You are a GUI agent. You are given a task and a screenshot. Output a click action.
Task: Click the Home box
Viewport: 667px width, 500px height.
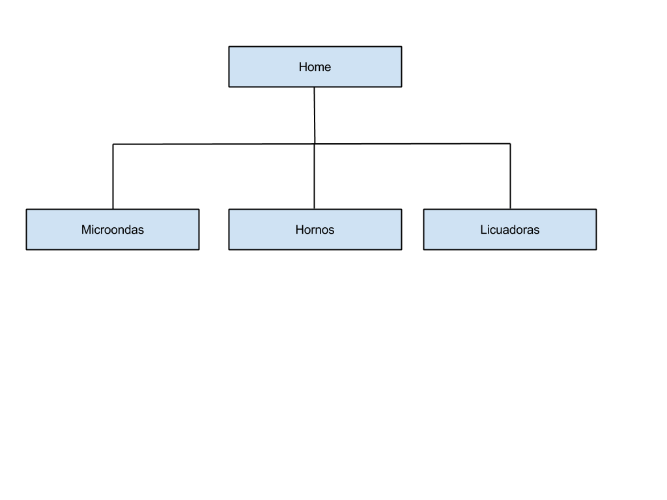pyautogui.click(x=315, y=67)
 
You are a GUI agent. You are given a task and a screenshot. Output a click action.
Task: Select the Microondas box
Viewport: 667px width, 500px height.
pyautogui.click(x=113, y=230)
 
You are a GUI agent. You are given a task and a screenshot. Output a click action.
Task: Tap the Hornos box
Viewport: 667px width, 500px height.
pyautogui.click(x=315, y=230)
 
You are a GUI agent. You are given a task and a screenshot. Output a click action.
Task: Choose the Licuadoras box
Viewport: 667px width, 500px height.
pyautogui.click(x=509, y=230)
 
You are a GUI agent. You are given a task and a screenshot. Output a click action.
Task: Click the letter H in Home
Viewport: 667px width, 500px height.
pyautogui.click(x=303, y=67)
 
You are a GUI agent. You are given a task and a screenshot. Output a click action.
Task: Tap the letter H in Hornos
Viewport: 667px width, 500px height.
pyautogui.click(x=300, y=230)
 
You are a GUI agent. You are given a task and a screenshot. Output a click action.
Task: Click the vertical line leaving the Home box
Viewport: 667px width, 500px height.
pyautogui.click(x=315, y=116)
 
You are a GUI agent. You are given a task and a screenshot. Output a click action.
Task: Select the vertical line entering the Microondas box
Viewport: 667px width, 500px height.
pyautogui.click(x=113, y=177)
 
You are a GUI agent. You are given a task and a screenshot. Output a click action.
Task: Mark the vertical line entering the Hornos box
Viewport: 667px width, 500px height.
pyautogui.click(x=315, y=176)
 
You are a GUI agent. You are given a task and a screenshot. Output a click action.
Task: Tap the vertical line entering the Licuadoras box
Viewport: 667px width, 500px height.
pyautogui.click(x=510, y=176)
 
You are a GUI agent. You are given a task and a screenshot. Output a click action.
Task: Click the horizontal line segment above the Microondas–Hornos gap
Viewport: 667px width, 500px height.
pyautogui.click(x=214, y=144)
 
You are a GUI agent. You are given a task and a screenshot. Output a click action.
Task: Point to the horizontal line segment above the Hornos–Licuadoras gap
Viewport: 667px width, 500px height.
pyautogui.click(x=412, y=144)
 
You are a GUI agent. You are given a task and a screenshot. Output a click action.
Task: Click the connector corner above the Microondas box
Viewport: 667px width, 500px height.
pyautogui.click(x=113, y=145)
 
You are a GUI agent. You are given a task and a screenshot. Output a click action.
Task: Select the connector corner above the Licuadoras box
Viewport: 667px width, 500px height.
pyautogui.click(x=510, y=144)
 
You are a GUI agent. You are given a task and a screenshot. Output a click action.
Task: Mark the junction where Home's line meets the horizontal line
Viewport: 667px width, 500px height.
pyautogui.click(x=315, y=144)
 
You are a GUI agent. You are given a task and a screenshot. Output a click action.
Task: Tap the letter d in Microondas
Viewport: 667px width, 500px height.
pyautogui.click(x=130, y=230)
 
